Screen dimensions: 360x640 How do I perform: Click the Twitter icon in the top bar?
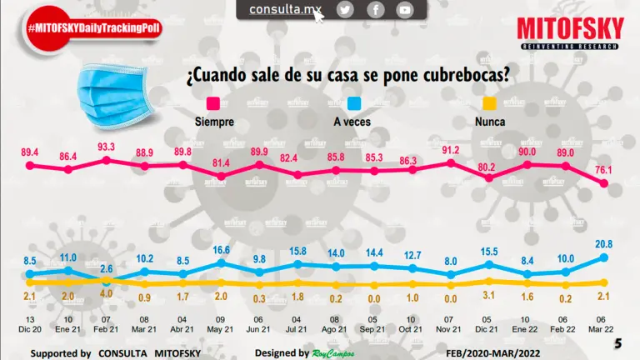pyautogui.click(x=345, y=10)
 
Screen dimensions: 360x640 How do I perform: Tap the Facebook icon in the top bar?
pyautogui.click(x=375, y=10)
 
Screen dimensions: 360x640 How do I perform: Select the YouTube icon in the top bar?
pyautogui.click(x=404, y=10)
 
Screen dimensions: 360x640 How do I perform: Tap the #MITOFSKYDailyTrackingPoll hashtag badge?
pyautogui.click(x=93, y=27)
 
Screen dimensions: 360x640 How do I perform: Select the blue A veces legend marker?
pyautogui.click(x=354, y=103)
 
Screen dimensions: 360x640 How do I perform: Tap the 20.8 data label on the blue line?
pyautogui.click(x=604, y=242)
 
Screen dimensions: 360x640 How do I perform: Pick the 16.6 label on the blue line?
pyautogui.click(x=221, y=250)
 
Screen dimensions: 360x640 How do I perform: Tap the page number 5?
pyautogui.click(x=617, y=343)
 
